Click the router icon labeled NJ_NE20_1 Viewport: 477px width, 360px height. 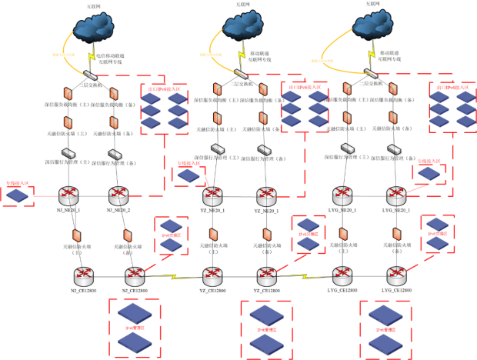click(x=70, y=194)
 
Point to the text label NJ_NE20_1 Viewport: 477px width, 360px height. click(x=70, y=209)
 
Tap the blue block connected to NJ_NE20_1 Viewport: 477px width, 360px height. click(x=17, y=196)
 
